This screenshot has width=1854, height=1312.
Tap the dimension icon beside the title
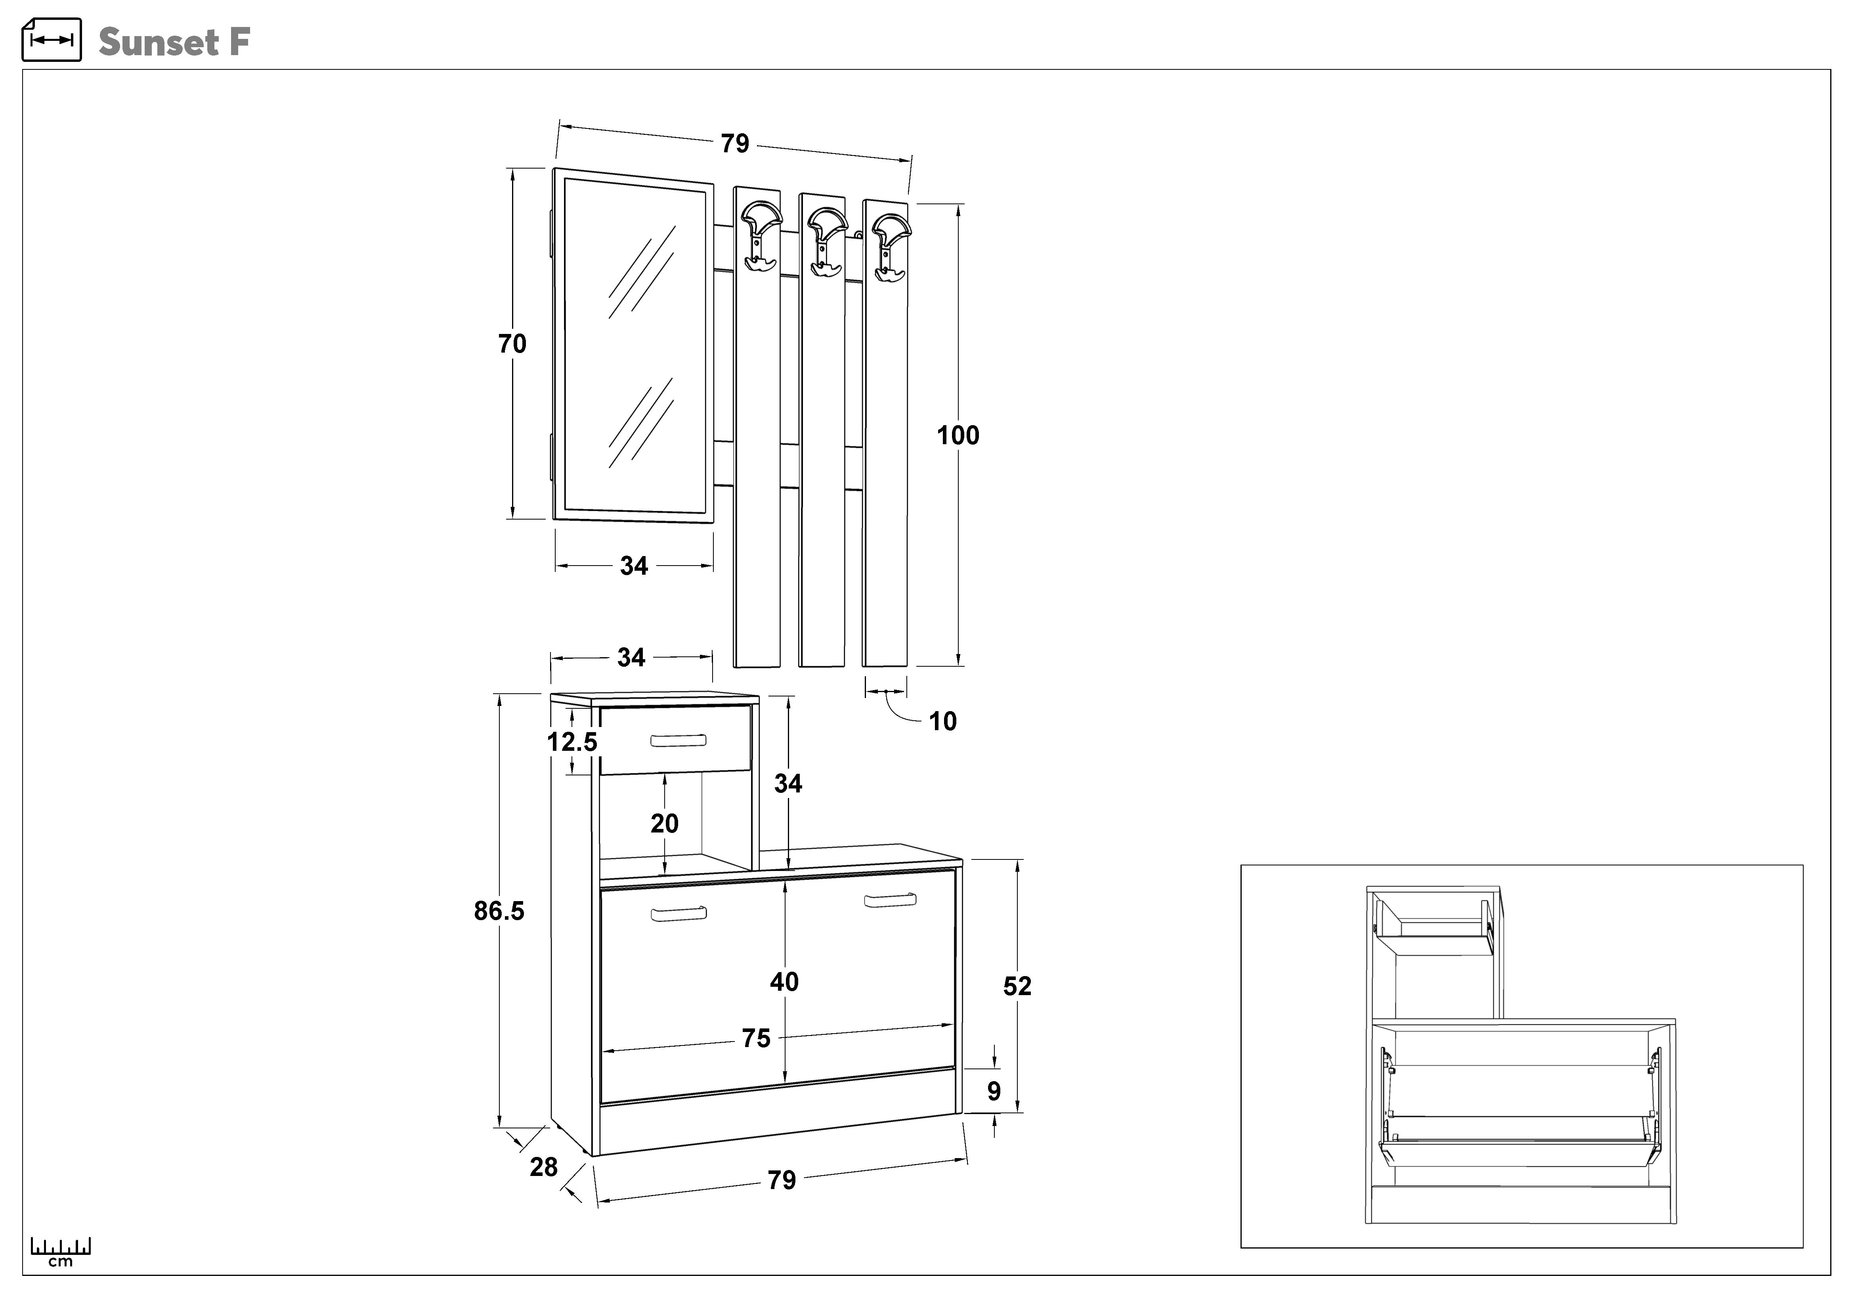click(52, 40)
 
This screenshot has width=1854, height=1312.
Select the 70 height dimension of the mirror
click(512, 344)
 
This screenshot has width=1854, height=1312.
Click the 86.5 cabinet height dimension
click(499, 911)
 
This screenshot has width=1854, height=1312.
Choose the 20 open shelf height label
click(665, 824)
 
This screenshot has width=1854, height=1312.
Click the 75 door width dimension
click(756, 1038)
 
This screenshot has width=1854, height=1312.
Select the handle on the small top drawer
click(678, 740)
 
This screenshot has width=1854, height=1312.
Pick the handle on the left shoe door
click(678, 914)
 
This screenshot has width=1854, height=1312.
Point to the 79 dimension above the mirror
click(735, 144)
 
